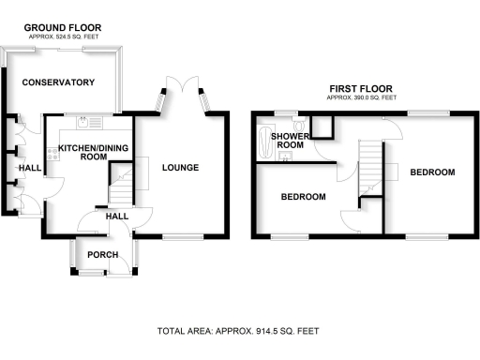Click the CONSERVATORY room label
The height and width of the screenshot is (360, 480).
59,82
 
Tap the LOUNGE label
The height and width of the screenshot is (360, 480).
179,168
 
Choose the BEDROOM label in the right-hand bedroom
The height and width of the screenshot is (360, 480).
432,172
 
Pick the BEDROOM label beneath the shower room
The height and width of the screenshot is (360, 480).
303,197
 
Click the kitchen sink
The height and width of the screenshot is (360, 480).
85,122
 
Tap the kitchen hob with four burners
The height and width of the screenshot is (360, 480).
52,153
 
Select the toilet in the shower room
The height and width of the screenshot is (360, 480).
298,127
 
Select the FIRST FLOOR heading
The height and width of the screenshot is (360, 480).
360,90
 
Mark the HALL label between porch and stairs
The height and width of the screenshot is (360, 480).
116,217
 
